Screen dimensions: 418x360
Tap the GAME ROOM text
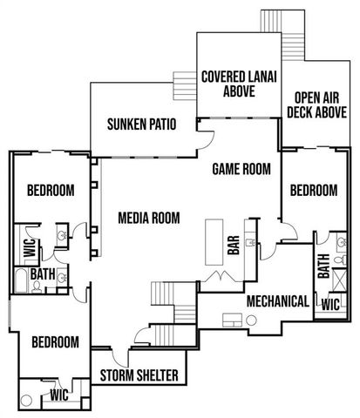point(241,169)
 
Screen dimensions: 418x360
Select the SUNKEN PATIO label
point(142,124)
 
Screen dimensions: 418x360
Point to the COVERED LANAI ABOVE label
point(238,84)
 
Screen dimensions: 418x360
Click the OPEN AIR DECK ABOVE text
point(316,105)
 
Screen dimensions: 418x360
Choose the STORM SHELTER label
point(139,376)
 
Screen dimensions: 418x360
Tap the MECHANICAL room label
point(277,301)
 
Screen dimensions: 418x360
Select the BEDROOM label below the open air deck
point(313,191)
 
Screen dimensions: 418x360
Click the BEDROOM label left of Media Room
point(50,191)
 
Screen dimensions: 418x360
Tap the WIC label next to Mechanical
point(330,305)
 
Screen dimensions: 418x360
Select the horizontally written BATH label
point(43,274)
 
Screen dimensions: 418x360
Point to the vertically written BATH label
point(323,266)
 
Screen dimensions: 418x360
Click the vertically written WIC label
point(29,248)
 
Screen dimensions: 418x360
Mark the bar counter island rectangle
point(214,243)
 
